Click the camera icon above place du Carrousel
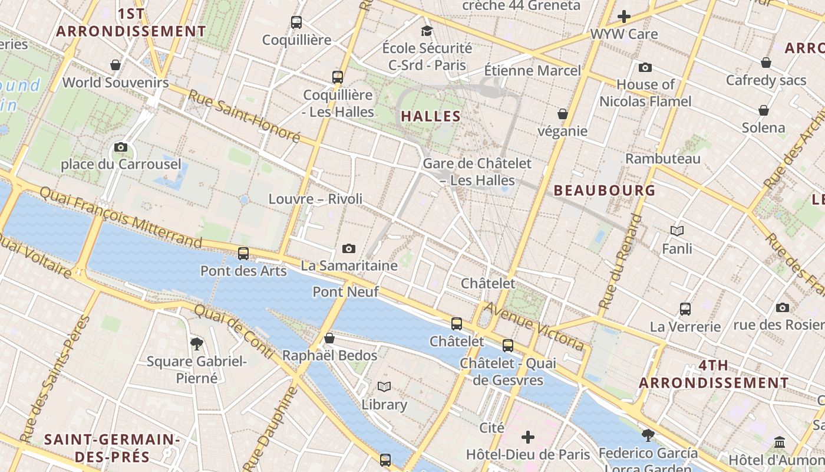pos(121,147)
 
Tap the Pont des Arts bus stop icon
pos(243,254)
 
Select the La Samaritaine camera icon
pos(349,248)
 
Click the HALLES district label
pos(431,116)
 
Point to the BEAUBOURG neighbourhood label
pos(605,190)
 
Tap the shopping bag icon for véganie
pos(563,114)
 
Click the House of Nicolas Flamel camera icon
pos(645,67)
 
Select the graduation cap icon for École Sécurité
pos(427,31)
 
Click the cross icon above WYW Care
pos(624,17)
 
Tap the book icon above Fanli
pos(677,231)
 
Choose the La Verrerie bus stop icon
pos(685,309)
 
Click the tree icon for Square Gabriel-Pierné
pos(197,343)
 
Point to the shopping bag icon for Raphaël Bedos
pos(329,338)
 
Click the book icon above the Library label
pos(384,387)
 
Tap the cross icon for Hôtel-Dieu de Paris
pos(528,437)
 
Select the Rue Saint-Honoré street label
pos(244,116)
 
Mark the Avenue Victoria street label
pos(534,326)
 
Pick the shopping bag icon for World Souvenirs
pos(115,65)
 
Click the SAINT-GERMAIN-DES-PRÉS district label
pos(112,448)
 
